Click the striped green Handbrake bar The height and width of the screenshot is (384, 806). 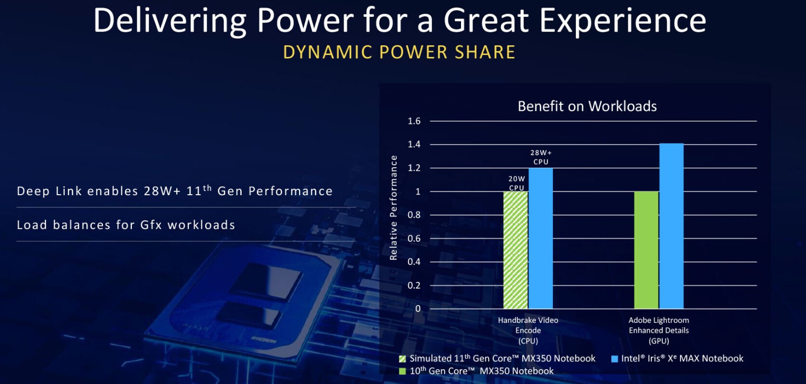[516, 250]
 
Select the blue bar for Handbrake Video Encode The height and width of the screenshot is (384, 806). [541, 238]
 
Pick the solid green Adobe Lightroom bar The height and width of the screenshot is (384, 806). [646, 250]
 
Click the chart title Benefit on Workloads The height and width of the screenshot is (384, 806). [587, 106]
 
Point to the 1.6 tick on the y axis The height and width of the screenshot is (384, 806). [414, 121]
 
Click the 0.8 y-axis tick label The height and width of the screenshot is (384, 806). [414, 215]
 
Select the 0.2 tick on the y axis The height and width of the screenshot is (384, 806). [414, 285]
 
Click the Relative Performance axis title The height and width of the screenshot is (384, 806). [394, 208]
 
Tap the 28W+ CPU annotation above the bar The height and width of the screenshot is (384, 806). [541, 157]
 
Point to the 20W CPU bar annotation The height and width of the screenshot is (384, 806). [516, 183]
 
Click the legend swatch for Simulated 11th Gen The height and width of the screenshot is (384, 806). [403, 359]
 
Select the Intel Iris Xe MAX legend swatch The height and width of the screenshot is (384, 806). [614, 359]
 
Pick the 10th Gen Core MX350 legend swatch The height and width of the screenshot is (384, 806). [403, 371]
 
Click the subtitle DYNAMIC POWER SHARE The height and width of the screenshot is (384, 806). [399, 52]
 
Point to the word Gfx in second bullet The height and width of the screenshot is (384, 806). [151, 225]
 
